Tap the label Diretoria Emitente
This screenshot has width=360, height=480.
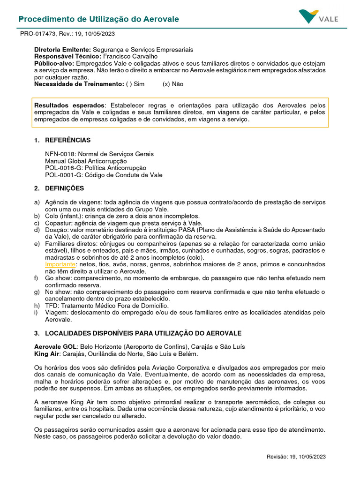(x=62, y=49)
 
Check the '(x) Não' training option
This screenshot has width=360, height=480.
(x=173, y=84)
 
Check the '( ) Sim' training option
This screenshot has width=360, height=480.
(x=135, y=84)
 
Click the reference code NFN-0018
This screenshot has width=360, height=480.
(x=60, y=154)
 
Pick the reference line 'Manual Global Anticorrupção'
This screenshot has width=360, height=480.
(x=86, y=161)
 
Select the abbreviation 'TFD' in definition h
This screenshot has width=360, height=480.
(x=51, y=305)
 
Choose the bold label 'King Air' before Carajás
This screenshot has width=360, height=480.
(x=46, y=353)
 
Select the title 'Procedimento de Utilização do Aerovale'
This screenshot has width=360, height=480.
(x=98, y=19)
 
